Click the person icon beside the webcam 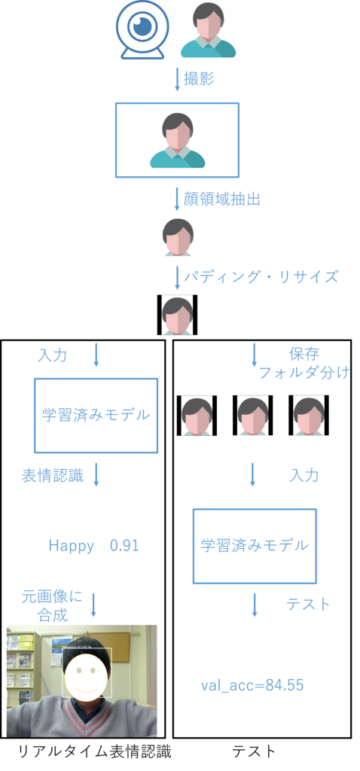[x=208, y=31]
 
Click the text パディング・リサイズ [x=261, y=276]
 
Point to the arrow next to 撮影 [x=177, y=80]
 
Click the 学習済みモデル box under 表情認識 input [x=96, y=415]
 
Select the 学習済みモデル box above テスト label [x=255, y=546]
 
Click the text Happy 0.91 [x=94, y=546]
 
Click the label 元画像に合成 [x=52, y=605]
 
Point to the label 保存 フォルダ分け [x=304, y=362]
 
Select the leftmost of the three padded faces [x=197, y=416]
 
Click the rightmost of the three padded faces [x=309, y=416]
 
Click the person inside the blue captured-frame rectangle [x=177, y=140]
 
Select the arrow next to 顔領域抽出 [x=177, y=199]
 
